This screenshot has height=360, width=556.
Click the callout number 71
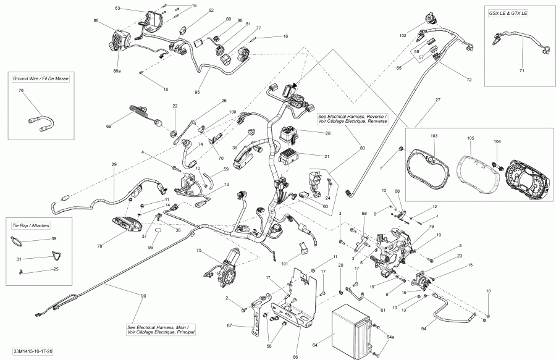pos(521,72)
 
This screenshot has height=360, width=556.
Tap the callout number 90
pos(144,297)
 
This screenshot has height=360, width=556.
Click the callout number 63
pos(118,9)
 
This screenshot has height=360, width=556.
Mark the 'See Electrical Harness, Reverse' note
pos(352,119)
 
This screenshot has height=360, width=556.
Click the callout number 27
pos(437,99)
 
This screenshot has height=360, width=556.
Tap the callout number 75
pos(199,251)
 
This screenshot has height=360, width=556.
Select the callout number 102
pos(403,36)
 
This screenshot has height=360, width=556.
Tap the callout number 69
pos(109,126)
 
